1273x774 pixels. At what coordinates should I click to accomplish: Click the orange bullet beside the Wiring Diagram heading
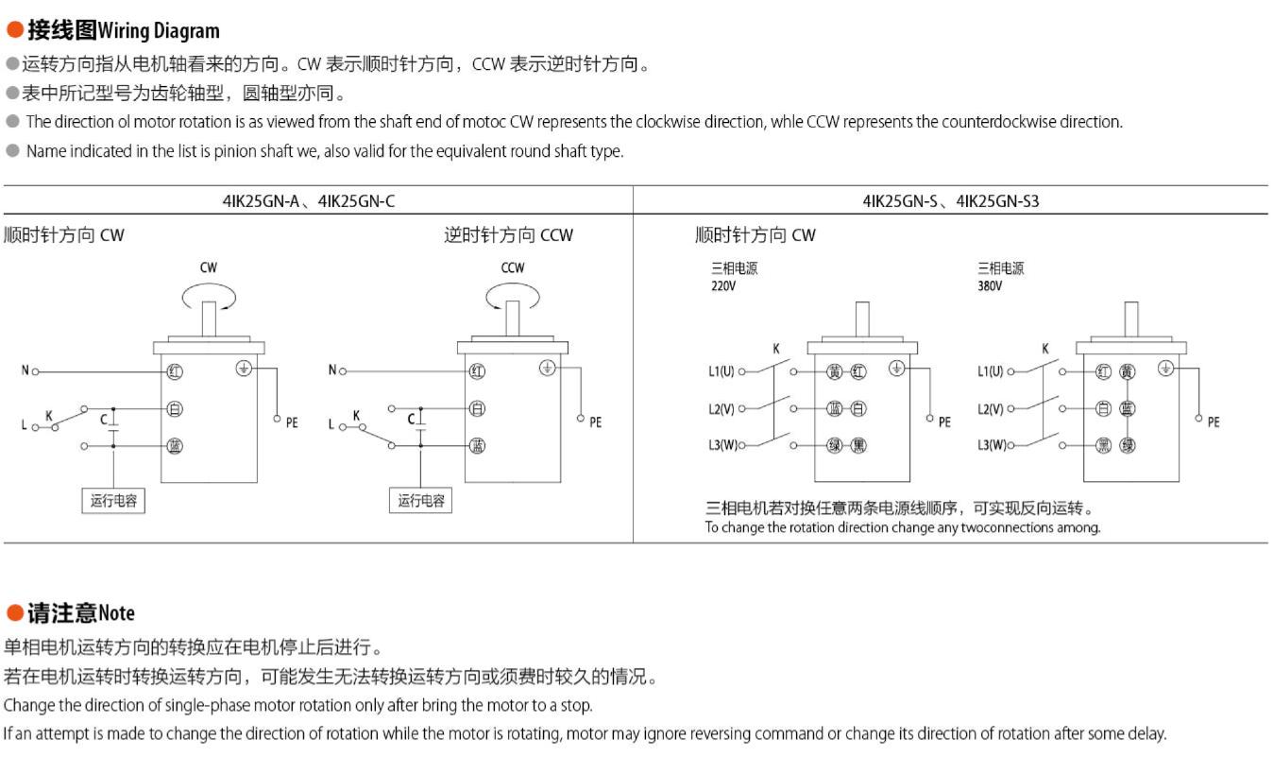[14, 30]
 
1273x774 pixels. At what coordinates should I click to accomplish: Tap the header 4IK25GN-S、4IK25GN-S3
[950, 200]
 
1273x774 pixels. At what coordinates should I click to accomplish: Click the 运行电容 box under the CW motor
[113, 501]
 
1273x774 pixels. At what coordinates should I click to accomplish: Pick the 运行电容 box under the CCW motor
[420, 501]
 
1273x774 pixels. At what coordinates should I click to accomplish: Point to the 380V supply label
[990, 285]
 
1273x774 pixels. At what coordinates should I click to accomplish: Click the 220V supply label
[723, 285]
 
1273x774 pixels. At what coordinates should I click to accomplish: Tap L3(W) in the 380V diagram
[991, 445]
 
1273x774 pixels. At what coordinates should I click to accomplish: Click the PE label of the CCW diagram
[595, 422]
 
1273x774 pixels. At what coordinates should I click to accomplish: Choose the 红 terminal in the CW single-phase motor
[175, 371]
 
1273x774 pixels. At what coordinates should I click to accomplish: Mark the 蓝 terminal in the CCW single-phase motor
[478, 446]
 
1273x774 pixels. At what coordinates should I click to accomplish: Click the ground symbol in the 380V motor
[1165, 369]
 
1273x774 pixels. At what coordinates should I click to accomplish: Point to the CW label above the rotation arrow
[208, 267]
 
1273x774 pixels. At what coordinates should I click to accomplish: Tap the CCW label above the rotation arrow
[513, 267]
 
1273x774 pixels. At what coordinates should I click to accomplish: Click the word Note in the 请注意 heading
[116, 613]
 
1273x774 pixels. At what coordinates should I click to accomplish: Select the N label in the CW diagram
[25, 370]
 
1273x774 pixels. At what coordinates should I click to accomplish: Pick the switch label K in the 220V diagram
[776, 349]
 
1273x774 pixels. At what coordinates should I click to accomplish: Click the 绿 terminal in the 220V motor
[835, 445]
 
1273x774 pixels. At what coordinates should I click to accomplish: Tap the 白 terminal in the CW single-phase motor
[175, 409]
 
